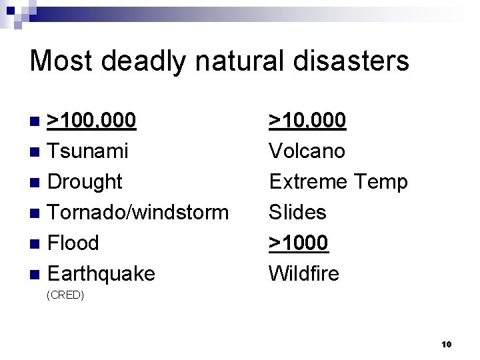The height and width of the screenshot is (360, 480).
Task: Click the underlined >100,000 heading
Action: point(93,121)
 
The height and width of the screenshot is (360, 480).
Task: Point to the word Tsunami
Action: point(88,151)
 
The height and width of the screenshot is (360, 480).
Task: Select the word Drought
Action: point(85,181)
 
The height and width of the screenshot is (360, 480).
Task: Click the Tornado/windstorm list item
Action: point(138,212)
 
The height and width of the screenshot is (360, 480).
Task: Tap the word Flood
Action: point(73,243)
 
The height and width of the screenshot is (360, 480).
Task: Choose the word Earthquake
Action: point(101,273)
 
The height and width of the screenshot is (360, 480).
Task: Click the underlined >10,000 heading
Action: point(307,121)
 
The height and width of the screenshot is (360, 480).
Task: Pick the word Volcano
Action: point(307,151)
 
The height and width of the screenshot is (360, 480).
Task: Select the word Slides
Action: point(297,212)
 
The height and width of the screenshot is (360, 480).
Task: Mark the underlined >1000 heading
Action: point(299,243)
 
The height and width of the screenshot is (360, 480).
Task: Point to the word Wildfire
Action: point(303,273)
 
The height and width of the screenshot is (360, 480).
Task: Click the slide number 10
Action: point(446,344)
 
